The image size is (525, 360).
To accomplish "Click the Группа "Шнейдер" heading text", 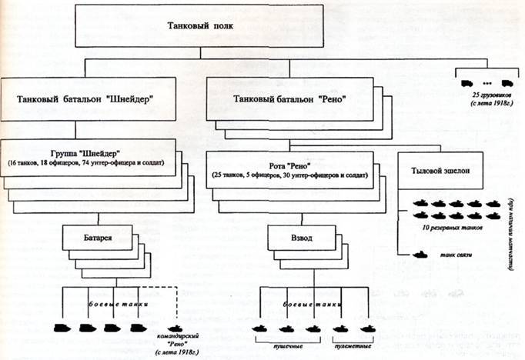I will (x=86, y=154).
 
